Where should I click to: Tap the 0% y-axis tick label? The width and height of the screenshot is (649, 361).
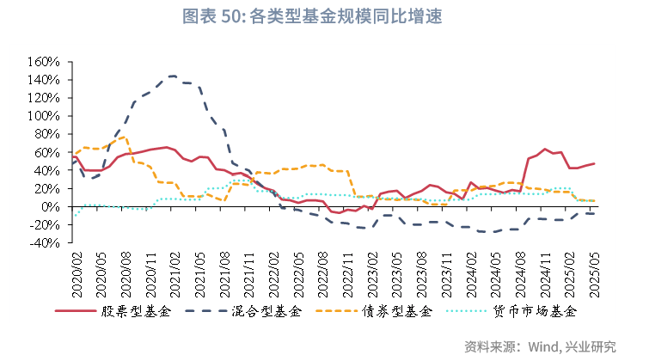tap(48, 207)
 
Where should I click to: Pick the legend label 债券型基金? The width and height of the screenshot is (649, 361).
tap(402, 312)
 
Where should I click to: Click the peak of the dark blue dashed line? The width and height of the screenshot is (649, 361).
tap(172, 76)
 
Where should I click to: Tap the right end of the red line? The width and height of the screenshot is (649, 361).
tap(593, 163)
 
